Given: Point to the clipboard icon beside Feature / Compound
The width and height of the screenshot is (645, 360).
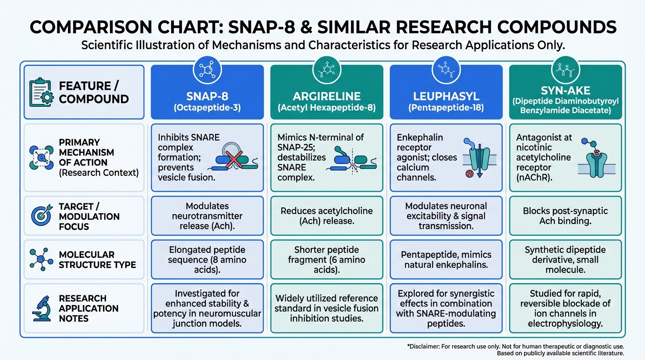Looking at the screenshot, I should pos(41,92).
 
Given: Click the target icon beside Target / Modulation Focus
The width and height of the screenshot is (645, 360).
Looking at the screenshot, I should pos(40,216).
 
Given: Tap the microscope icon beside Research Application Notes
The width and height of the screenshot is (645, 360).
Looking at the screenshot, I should pos(40,308).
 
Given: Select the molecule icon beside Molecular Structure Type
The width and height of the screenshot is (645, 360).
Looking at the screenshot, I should pos(40,259).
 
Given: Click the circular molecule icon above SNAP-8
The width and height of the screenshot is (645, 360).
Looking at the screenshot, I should pos(207,70).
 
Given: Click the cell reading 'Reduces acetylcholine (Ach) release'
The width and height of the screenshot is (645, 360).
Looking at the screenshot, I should pos(326,216).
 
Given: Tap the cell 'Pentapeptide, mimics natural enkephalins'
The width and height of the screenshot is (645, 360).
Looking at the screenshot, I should pos(445,260).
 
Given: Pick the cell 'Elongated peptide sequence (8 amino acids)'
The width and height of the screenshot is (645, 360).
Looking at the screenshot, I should pos(207,260).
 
